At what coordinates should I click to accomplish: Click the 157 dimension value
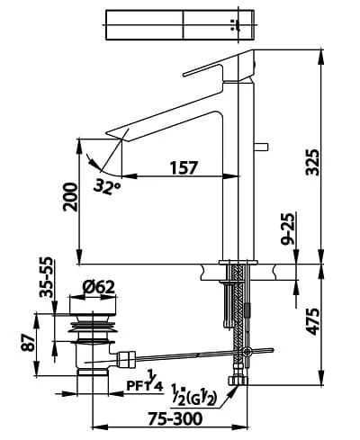coord(184,167)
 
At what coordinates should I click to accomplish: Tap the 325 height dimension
coord(311,162)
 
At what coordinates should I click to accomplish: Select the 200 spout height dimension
coord(70,197)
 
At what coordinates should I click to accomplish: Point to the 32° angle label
coord(106,186)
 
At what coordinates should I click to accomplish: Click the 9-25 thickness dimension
coord(288,229)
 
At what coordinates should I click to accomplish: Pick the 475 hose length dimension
coord(311,321)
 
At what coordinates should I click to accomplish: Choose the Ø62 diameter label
coord(98,287)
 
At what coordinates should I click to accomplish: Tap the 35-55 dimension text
coord(47,277)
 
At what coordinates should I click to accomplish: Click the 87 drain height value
coord(28,343)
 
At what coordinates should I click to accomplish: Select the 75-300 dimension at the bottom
coord(175,418)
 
